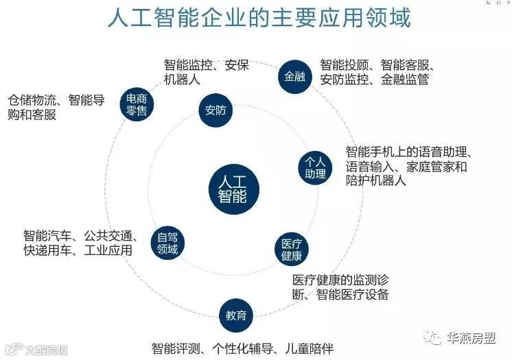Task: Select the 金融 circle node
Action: point(294,77)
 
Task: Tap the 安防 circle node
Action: point(216,112)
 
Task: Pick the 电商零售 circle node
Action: point(137,104)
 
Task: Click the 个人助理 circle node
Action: point(315,167)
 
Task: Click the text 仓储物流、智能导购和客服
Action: point(56,108)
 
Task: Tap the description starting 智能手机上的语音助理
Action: point(410,166)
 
